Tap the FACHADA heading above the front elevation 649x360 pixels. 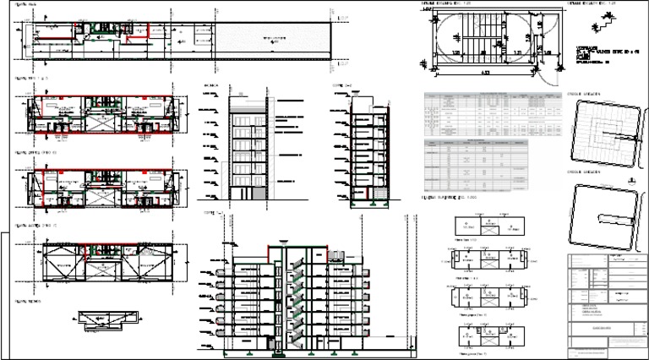coord(210,86)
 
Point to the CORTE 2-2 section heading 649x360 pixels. coord(341,86)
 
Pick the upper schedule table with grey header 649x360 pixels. coord(494,111)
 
